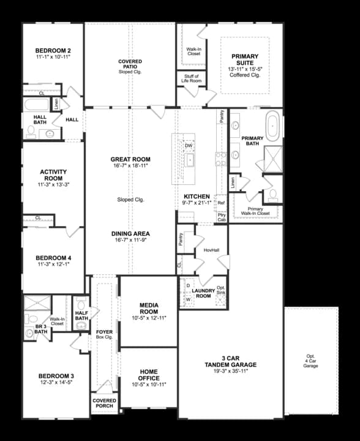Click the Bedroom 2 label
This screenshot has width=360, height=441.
coord(53,50)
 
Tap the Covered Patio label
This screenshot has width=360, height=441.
coord(130,62)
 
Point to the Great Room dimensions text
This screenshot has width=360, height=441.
coord(130,166)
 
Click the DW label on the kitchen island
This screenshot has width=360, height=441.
coord(189,146)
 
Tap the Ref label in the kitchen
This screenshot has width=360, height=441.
coord(221,202)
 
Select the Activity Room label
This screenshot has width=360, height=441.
coord(53,175)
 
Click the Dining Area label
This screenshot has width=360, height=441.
coord(130,233)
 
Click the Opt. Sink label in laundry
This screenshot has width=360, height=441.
coord(221,291)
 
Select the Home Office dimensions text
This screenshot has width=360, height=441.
coord(148,384)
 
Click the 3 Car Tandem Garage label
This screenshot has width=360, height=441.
coord(230,361)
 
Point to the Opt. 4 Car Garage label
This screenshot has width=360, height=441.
coord(310,361)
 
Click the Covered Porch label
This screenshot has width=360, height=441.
coord(104,404)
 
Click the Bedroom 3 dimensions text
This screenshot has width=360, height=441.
coord(56,383)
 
